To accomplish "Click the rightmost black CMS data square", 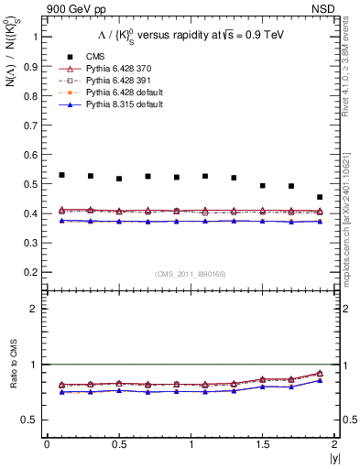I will pyautogui.click(x=320, y=197).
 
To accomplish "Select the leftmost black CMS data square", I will pyautogui.click(x=61, y=175).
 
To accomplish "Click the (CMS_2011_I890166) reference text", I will pyautogui.click(x=191, y=274).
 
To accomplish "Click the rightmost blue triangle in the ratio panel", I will pyautogui.click(x=320, y=380).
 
